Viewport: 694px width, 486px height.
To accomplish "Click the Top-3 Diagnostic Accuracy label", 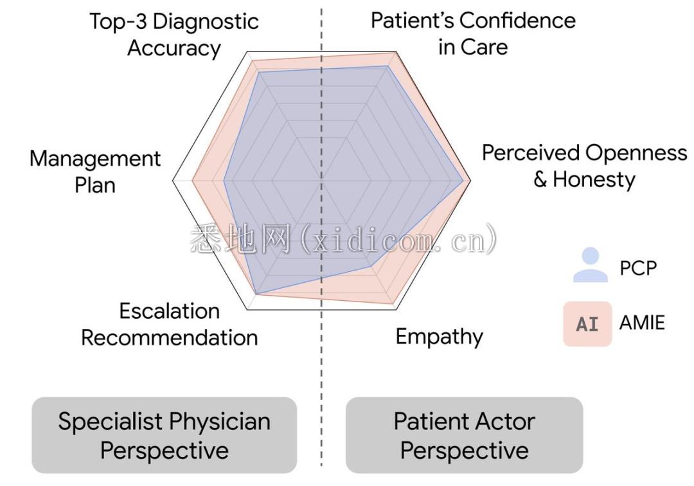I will point(173,35).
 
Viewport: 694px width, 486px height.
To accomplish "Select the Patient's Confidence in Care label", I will point(473,33).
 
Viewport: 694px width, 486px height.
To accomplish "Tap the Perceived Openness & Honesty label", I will point(584,166).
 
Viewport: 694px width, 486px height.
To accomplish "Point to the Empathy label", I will point(439,336).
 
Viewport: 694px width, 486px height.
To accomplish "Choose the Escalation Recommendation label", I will point(170,325).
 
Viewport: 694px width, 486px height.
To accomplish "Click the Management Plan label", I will point(95,172).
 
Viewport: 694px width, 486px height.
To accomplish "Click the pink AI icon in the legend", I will point(587,323).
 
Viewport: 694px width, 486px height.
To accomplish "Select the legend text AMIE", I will point(642,322).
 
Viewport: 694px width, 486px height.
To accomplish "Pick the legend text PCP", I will point(638,267).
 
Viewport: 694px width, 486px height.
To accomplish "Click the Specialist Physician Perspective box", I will point(165,435).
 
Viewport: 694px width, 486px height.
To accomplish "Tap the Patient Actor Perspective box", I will point(464,435).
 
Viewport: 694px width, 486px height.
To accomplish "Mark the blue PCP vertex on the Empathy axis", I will point(371,265).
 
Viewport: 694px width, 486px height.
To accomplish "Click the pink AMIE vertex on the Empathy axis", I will point(393,304).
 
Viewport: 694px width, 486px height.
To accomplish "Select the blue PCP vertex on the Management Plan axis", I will point(224,181).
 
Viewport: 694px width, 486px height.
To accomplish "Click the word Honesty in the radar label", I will point(594,179).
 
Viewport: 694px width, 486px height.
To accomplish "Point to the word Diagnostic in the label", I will point(206,21).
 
